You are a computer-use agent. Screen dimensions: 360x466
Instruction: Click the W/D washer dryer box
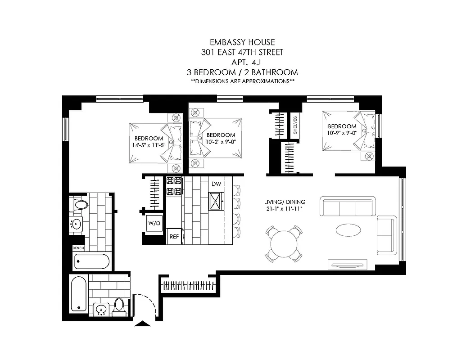(152, 223)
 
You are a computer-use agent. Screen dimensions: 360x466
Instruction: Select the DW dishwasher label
(217, 184)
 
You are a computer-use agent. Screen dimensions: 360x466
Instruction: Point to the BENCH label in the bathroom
(78, 248)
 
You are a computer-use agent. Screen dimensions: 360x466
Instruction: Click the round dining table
(284, 244)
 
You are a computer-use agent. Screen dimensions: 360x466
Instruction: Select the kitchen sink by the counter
(217, 201)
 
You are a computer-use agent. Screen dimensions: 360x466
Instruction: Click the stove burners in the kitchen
(174, 186)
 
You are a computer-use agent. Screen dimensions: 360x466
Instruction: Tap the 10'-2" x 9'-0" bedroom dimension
(221, 142)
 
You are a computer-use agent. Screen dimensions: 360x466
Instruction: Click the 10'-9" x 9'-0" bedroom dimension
(342, 133)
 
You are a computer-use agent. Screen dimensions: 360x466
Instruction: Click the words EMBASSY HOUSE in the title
(242, 42)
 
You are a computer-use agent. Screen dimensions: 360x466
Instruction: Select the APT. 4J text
(242, 62)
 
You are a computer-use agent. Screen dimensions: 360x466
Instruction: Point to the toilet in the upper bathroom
(81, 206)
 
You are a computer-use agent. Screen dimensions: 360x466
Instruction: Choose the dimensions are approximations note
(242, 81)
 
